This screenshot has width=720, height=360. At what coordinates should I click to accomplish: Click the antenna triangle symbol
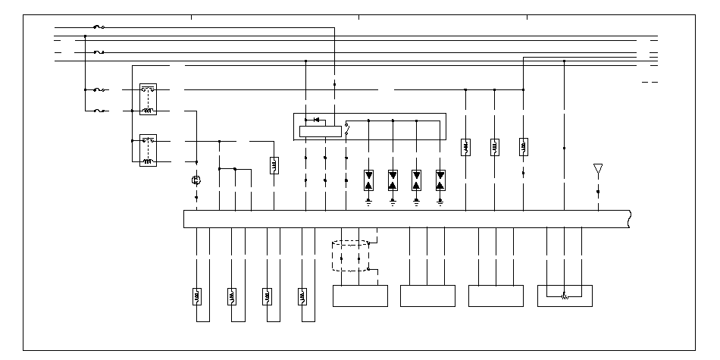(597, 168)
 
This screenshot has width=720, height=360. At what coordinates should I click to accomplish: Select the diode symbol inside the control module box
(315, 120)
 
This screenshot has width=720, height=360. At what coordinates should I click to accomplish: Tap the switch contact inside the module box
(346, 128)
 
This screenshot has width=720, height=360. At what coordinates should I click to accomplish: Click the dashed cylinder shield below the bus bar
(350, 256)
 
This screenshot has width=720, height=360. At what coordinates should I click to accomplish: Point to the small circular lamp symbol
(196, 180)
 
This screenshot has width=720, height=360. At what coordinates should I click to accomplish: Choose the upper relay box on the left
(148, 99)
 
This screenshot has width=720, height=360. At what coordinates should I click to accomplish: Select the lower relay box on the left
(148, 151)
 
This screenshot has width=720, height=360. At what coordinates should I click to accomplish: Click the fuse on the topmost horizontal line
(98, 27)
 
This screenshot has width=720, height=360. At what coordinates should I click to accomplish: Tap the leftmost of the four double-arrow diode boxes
(368, 179)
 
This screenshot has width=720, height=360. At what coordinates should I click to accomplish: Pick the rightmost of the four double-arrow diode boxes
(440, 179)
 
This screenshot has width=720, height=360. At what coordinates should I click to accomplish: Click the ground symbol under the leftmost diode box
(368, 202)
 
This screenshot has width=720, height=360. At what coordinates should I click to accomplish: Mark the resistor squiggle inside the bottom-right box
(564, 296)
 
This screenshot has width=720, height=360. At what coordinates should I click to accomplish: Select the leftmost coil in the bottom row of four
(196, 296)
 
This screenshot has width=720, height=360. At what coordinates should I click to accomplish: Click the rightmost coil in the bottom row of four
(302, 296)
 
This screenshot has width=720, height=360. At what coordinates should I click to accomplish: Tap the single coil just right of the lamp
(274, 165)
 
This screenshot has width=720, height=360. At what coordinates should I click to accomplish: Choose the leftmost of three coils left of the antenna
(465, 147)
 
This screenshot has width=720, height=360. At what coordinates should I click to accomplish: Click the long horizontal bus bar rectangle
(407, 218)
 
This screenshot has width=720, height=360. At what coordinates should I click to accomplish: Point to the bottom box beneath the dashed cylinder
(360, 296)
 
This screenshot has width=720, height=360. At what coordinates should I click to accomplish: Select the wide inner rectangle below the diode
(321, 131)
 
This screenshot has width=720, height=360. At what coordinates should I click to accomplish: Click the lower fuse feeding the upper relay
(99, 111)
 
